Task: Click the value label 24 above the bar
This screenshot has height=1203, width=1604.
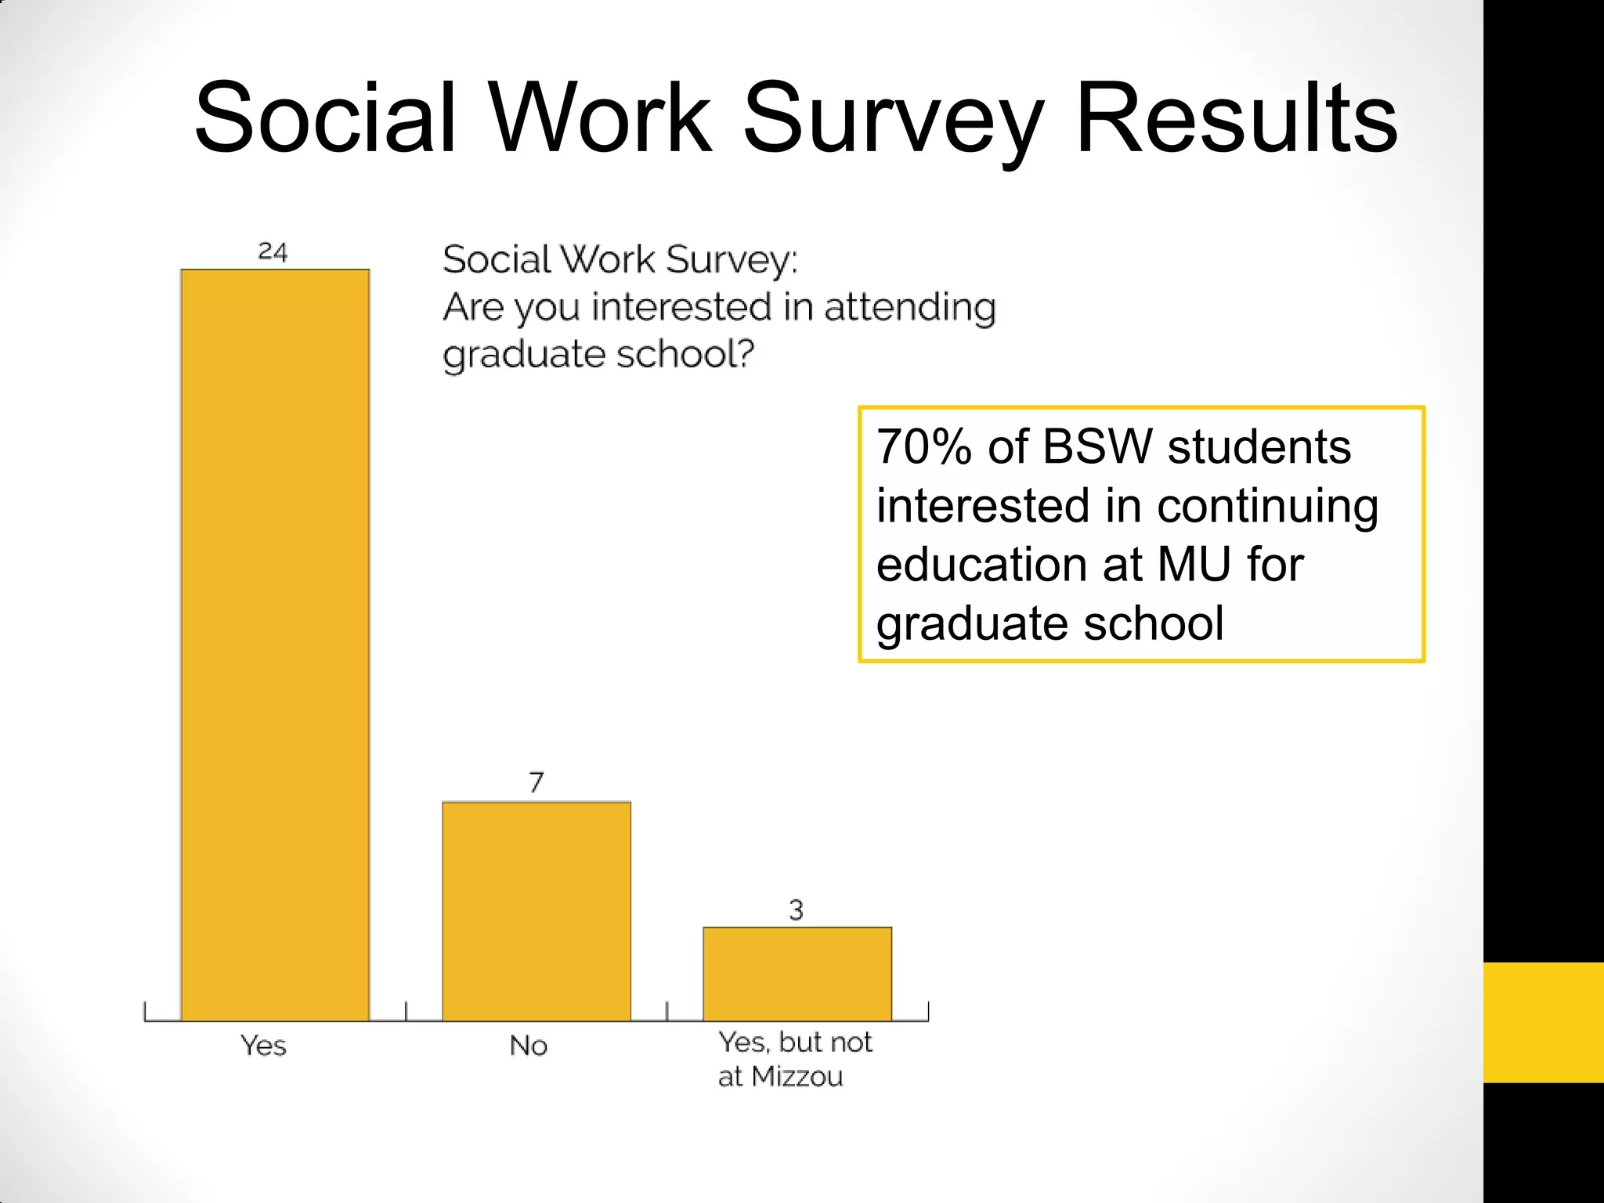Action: (x=273, y=251)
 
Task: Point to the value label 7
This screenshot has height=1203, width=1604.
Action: (x=536, y=782)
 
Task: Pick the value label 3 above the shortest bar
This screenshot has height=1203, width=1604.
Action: (x=797, y=910)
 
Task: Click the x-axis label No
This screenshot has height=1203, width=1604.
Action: (x=529, y=1046)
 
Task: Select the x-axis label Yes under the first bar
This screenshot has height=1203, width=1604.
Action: (x=263, y=1046)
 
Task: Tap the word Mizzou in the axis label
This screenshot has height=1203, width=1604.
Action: (x=797, y=1077)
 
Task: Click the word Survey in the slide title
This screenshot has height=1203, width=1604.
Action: (x=892, y=119)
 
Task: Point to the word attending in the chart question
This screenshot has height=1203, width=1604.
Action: (x=910, y=306)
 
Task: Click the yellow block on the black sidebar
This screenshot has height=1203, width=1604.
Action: (x=1543, y=1022)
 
